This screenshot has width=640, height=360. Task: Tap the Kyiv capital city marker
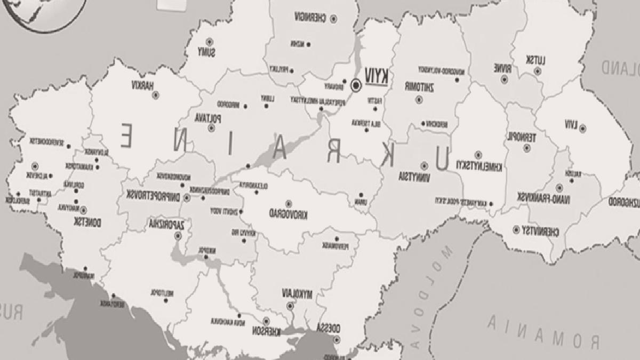coord(356,84)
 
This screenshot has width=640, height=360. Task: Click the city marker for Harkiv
coord(156,95)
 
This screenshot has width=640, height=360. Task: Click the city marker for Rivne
coord(504,80)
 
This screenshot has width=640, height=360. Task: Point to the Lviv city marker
coord(582,128)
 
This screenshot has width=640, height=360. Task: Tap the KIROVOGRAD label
coord(289,214)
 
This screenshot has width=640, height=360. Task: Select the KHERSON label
coord(266,331)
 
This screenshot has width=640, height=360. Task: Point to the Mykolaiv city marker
coord(290,306)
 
